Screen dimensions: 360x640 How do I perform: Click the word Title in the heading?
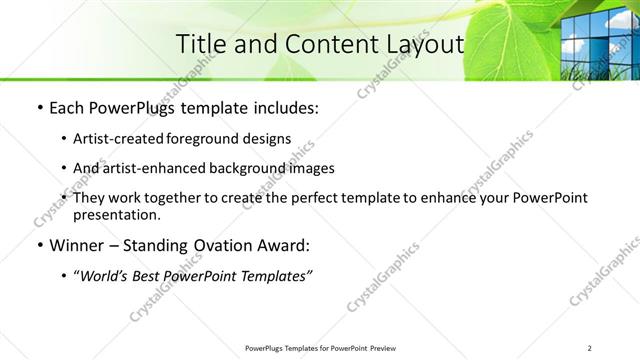[198, 45]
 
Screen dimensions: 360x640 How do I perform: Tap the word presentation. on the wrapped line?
[117, 214]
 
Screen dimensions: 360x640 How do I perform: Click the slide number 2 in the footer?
[590, 347]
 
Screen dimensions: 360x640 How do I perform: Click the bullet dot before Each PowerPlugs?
[38, 108]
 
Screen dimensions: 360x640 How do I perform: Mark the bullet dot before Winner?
[38, 245]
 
